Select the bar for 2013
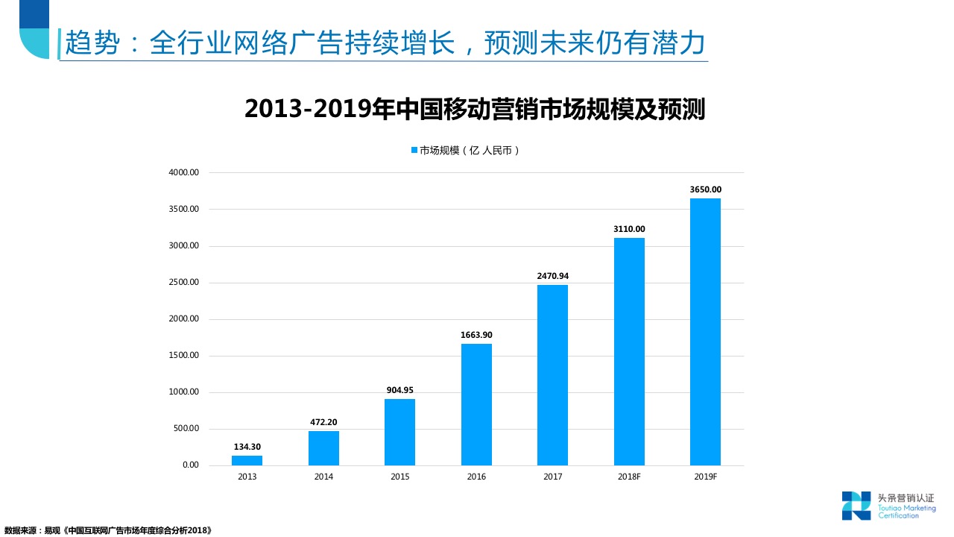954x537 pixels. (x=247, y=460)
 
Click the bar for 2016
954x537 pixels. (x=476, y=404)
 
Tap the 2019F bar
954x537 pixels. (x=705, y=332)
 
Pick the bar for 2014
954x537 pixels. (x=323, y=448)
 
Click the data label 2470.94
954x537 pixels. (x=552, y=276)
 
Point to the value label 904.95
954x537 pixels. (x=399, y=390)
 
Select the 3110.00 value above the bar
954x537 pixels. (x=629, y=229)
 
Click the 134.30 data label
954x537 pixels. (x=247, y=447)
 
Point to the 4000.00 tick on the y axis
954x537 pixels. (x=183, y=172)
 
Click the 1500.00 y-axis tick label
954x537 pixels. (x=183, y=355)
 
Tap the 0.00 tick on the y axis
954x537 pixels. (x=190, y=465)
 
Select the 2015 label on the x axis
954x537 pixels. (x=399, y=477)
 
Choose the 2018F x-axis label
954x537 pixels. (x=629, y=477)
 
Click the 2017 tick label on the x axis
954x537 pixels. (x=552, y=477)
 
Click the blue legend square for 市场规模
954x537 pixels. (x=414, y=150)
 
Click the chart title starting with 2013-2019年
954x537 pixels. (x=475, y=110)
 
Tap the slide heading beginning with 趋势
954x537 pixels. (x=385, y=43)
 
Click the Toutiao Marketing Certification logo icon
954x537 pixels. (x=856, y=505)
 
